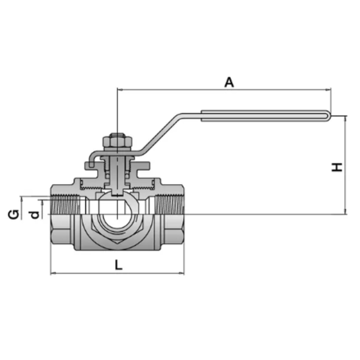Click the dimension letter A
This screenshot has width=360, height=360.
[x=229, y=82]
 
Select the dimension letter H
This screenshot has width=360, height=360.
[x=337, y=167]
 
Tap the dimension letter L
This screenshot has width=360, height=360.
[x=119, y=265]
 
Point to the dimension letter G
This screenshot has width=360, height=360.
[x=15, y=213]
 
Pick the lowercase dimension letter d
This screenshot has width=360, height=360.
[x=34, y=213]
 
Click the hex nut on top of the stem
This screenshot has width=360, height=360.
[x=118, y=140]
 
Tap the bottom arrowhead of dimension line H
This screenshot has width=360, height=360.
[x=344, y=211]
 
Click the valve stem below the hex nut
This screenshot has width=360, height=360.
[x=118, y=170]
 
